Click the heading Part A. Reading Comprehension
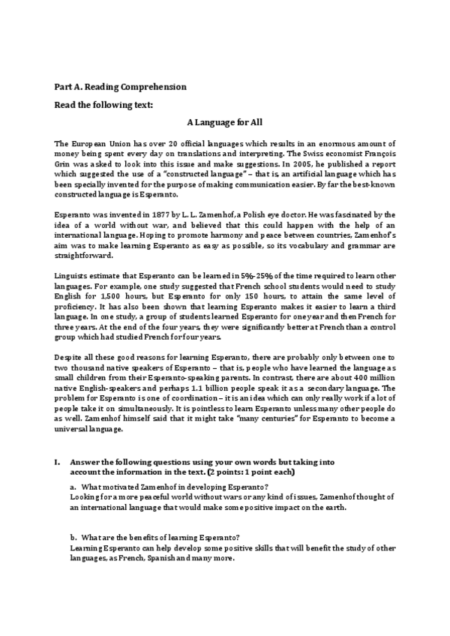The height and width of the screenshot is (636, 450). click(121, 87)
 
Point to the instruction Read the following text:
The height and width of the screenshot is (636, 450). click(103, 104)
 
